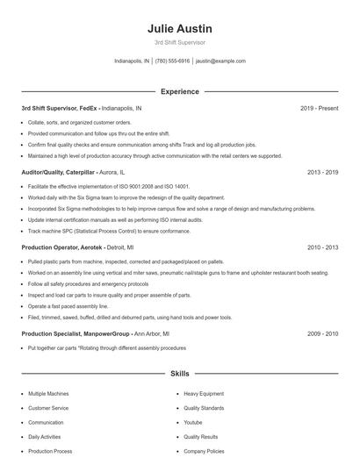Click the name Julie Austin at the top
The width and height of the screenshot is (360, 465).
coord(179,28)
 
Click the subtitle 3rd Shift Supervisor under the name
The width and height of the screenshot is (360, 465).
coord(179,42)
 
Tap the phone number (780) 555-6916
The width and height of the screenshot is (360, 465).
coord(173,61)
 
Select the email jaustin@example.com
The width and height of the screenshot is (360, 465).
coord(220,61)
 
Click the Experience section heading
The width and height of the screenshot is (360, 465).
coord(179,91)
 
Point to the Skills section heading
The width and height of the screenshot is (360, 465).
coord(179,374)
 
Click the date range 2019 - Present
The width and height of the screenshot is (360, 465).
coord(319,109)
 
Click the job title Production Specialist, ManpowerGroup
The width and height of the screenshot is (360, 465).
coord(75,334)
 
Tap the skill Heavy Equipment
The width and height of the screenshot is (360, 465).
coord(204,394)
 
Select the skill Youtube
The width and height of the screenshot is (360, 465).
coord(193,422)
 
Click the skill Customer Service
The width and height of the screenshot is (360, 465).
coord(49,408)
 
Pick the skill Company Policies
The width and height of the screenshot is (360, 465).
coord(204,450)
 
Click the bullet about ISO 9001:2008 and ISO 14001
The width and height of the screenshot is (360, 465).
coord(109,187)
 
